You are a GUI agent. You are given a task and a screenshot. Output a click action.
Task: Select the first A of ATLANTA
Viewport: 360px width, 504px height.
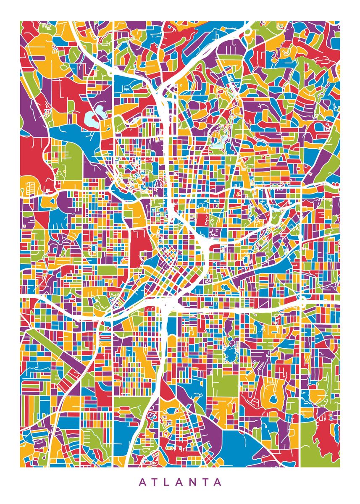[x=142, y=482]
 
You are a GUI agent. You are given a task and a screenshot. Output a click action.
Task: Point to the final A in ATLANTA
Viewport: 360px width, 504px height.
[x=217, y=482]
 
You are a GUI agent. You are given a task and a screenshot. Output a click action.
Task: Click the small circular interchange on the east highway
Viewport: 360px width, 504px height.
[x=302, y=299]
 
